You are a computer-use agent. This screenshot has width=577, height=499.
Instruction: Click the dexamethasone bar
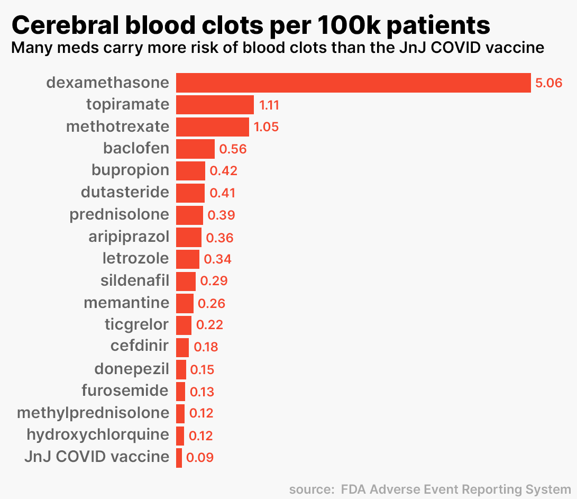click(x=353, y=83)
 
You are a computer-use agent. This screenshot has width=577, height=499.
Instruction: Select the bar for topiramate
click(x=215, y=105)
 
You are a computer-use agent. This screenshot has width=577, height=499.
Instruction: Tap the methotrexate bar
click(x=212, y=127)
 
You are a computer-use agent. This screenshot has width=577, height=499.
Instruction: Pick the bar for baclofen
click(x=195, y=149)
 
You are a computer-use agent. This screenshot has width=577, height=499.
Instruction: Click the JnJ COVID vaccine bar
click(x=179, y=457)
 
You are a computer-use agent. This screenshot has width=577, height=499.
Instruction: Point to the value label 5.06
click(x=548, y=83)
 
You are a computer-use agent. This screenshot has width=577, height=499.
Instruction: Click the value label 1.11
click(x=269, y=105)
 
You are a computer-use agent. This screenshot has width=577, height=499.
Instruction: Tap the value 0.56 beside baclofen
click(x=233, y=149)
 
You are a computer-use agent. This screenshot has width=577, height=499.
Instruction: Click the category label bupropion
click(x=131, y=170)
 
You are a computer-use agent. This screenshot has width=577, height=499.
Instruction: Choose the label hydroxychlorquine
click(x=98, y=435)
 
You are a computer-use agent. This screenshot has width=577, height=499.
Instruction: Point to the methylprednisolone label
click(x=93, y=413)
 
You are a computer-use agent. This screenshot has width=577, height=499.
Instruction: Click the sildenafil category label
click(x=135, y=280)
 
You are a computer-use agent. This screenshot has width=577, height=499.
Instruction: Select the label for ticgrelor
click(x=137, y=324)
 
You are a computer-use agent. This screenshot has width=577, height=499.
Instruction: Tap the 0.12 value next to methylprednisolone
click(x=201, y=413)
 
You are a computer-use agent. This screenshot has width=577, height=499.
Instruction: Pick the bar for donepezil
click(x=181, y=369)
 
